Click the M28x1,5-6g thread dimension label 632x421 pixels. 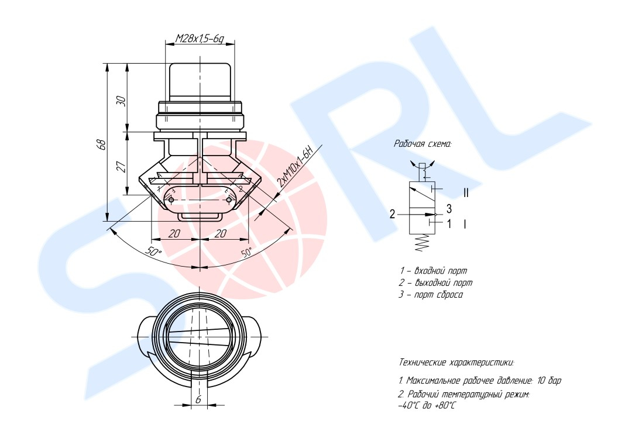(x=199, y=39)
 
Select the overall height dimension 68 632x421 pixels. (x=102, y=144)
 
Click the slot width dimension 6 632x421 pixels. (x=198, y=399)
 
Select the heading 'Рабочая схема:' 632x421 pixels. (x=423, y=144)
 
